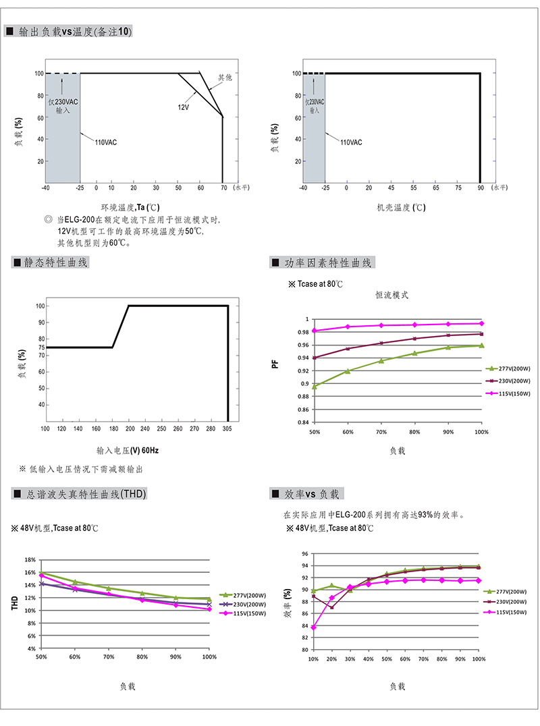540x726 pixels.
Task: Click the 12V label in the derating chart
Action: (184, 107)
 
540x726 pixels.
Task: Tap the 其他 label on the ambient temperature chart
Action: (225, 78)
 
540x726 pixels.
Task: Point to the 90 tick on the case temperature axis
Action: (481, 188)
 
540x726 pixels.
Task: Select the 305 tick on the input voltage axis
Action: (227, 428)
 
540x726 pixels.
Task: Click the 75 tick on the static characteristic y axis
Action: (42, 347)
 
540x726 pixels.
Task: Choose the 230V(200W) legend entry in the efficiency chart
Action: (506, 602)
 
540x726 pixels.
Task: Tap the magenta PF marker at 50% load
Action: (315, 331)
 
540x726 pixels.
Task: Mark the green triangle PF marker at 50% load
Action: (315, 386)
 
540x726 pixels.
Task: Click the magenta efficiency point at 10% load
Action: (313, 627)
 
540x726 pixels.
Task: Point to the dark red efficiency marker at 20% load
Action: (331, 607)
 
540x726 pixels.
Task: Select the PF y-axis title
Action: (275, 364)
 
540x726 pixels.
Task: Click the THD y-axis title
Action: (14, 603)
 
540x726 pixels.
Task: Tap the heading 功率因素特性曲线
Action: (328, 263)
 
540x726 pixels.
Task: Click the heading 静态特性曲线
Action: (55, 262)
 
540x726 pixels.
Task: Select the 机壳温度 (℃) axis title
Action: (401, 207)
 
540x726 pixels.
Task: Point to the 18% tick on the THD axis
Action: (30, 560)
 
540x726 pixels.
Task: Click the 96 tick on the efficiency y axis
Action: (304, 554)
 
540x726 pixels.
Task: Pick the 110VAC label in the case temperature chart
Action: (351, 142)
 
